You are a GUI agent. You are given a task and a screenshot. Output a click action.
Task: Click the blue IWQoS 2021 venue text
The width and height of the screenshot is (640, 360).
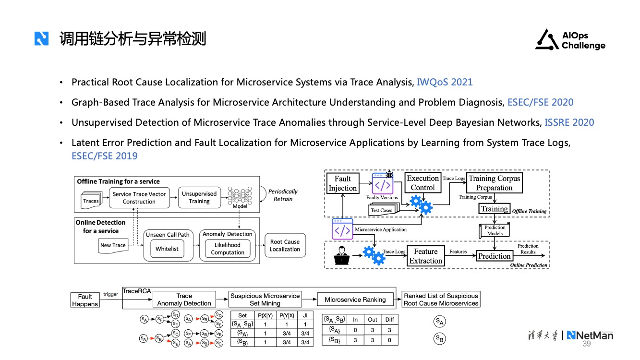point(445,82)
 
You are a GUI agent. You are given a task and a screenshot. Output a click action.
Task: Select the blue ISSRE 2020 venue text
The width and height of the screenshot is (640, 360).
point(569,122)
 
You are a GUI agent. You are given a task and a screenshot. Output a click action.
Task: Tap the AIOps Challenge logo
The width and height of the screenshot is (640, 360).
point(570,40)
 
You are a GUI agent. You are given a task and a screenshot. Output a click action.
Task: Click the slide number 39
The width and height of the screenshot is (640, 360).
point(587,344)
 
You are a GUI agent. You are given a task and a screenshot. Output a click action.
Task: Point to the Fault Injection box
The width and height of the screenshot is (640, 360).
point(342,183)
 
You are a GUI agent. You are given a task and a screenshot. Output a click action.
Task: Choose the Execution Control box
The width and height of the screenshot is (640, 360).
point(423,183)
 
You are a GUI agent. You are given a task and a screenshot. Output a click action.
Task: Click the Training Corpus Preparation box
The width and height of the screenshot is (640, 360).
point(494,183)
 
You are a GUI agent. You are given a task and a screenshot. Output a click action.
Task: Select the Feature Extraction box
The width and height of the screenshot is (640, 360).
point(425,256)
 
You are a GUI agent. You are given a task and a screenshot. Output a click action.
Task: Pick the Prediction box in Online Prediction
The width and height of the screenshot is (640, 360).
point(494,256)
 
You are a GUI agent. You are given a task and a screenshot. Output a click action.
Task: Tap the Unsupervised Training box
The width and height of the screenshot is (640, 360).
point(199,197)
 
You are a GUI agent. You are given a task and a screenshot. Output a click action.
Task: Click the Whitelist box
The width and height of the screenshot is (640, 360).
point(167,249)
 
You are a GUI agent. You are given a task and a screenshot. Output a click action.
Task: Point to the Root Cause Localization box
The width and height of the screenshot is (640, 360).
point(285,245)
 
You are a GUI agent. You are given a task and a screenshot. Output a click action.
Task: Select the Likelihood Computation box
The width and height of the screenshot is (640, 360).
point(228,249)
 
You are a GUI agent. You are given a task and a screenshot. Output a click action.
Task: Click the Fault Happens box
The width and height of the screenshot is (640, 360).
point(85,300)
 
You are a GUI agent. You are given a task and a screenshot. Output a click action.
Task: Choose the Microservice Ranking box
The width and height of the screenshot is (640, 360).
point(355,300)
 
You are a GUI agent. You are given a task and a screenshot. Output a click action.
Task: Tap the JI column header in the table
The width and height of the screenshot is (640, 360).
point(304,315)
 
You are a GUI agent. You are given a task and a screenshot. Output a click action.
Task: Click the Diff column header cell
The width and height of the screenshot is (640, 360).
point(389,319)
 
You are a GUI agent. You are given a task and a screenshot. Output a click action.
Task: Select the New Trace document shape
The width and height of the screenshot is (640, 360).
point(113,246)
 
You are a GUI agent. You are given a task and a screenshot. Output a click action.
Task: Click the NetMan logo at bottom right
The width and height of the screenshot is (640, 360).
point(590,335)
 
